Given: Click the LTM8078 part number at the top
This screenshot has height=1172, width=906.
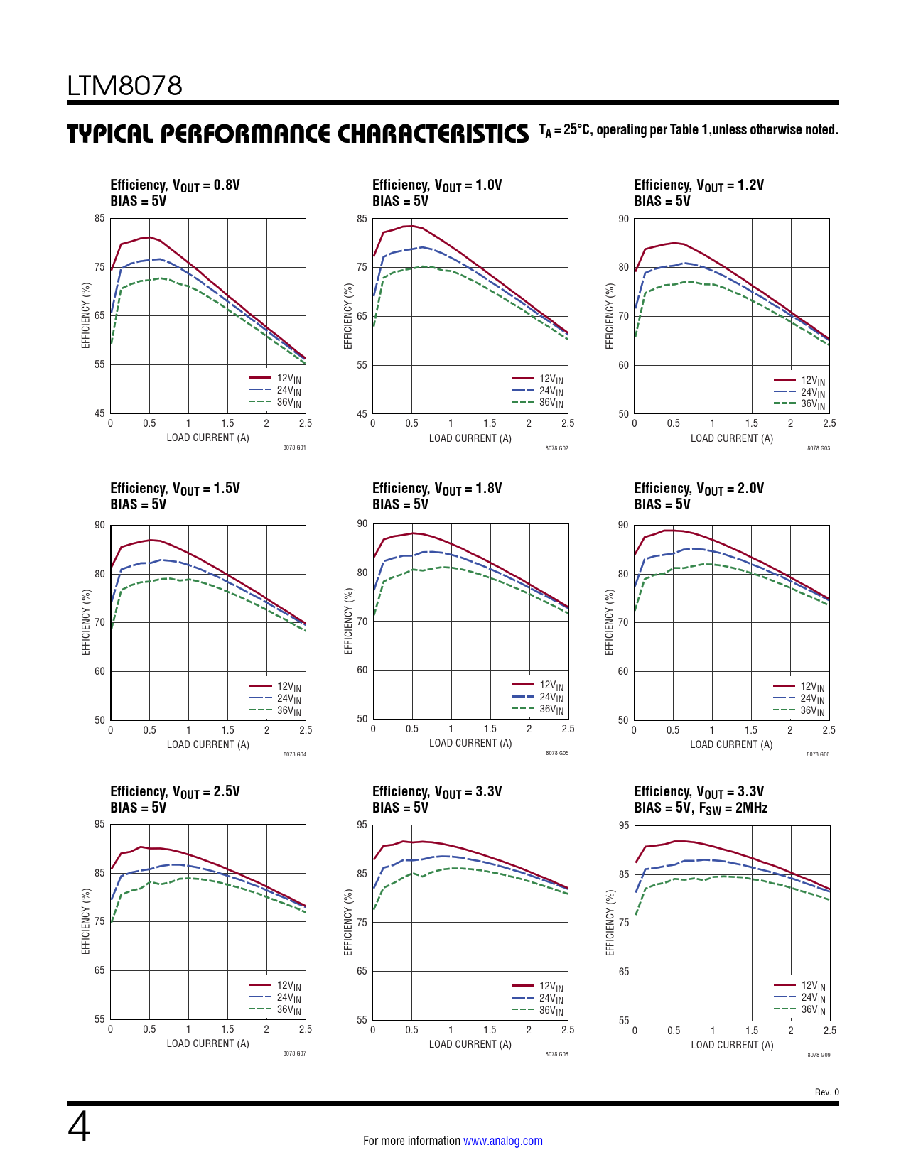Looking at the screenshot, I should point(124,86).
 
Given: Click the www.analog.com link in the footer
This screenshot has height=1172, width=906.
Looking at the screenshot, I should point(502,1141).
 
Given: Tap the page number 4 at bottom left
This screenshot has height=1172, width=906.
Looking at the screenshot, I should point(79,1127).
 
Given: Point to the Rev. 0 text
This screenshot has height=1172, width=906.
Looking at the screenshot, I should point(826,1092).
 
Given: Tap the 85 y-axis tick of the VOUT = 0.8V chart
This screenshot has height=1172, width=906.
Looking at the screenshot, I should point(99,219).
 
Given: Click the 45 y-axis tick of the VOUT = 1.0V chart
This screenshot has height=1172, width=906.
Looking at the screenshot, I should point(362,413).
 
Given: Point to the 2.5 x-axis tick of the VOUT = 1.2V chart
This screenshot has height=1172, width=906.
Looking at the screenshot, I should point(829,423).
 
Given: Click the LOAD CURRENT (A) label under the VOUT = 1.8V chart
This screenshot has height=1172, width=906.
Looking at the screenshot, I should point(470,743).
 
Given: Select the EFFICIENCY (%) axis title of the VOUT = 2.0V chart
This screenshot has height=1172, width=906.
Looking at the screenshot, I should point(609,622).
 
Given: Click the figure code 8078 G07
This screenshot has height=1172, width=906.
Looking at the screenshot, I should point(294,1053).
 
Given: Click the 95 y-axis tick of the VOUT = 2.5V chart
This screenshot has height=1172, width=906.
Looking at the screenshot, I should point(99,824).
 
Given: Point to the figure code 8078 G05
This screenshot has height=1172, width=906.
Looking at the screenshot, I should point(556,753).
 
